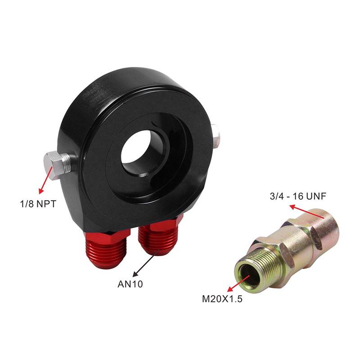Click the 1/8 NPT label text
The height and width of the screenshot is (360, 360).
(38, 204)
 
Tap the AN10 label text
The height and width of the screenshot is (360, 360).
(130, 284)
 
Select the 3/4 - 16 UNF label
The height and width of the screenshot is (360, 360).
(298, 196)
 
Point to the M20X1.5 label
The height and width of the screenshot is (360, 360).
(222, 299)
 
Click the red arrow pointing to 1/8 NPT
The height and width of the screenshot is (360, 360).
(46, 180)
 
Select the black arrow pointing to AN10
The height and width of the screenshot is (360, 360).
(146, 263)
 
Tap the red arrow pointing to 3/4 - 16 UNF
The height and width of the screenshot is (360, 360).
(307, 211)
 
